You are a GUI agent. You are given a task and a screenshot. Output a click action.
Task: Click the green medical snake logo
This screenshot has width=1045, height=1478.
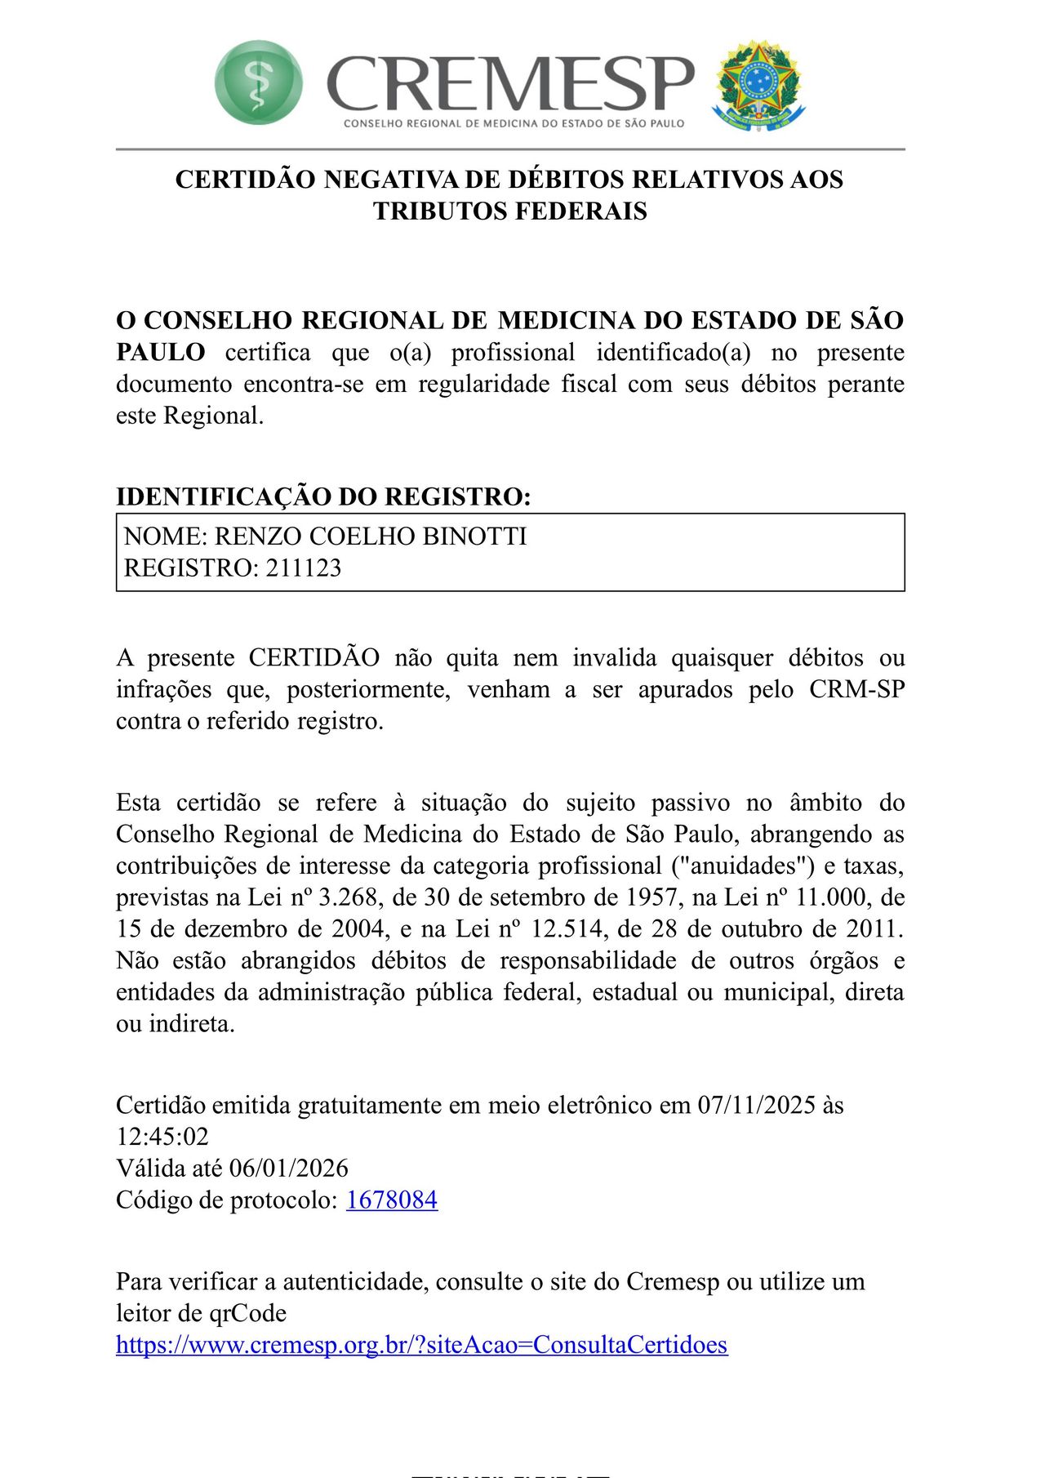coord(258,82)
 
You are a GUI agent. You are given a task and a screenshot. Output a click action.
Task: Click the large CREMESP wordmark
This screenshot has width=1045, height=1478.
coord(510,82)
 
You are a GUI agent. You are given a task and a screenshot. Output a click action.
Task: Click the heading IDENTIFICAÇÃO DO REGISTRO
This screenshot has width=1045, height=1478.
coord(323,496)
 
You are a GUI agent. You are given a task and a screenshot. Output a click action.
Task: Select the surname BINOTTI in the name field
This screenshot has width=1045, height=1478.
coord(474,536)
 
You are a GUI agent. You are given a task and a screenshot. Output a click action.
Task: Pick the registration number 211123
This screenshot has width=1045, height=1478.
coord(303,568)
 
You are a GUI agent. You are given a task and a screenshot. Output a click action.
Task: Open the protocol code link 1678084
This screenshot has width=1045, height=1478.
coord(392,1200)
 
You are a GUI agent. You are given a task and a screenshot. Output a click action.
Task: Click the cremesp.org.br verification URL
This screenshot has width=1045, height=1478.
coord(421,1345)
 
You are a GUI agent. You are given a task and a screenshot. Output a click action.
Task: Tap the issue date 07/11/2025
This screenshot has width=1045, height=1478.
coord(756,1106)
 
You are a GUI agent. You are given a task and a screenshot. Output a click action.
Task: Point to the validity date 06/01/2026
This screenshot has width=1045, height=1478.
coord(289,1169)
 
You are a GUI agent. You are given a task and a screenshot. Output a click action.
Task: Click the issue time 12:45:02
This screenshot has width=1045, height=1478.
coord(162,1137)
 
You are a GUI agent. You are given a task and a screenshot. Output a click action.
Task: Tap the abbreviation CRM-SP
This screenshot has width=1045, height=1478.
coord(856,690)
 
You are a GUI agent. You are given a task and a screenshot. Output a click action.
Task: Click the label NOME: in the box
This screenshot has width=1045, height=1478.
coord(166,536)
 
